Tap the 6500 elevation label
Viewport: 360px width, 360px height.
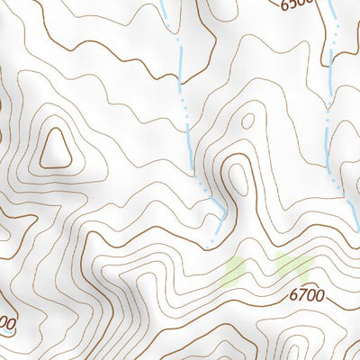click(x=296, y=4)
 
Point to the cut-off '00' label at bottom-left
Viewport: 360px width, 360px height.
click(x=7, y=322)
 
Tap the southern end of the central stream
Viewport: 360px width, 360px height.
click(x=212, y=243)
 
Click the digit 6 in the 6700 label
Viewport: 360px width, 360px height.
click(x=293, y=293)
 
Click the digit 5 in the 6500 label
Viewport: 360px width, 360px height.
click(x=292, y=4)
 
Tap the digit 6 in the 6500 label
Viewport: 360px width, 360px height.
click(x=283, y=4)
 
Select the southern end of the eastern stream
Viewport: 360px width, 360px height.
click(x=342, y=193)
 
